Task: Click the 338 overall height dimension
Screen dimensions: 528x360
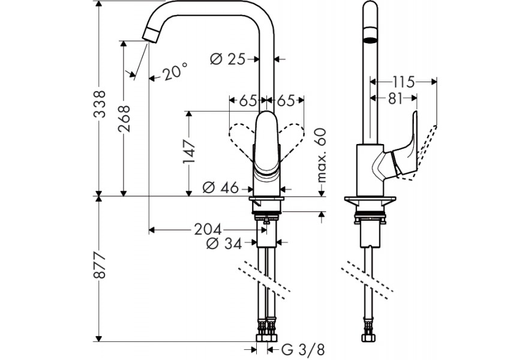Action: coord(100,104)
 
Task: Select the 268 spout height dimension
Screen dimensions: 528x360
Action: coord(124,119)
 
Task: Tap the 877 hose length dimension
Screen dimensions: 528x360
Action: coord(100,265)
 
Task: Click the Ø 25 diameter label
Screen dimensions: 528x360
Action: coord(228,59)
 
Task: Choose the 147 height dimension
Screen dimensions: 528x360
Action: coord(189,151)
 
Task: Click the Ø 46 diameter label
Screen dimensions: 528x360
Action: coord(221,188)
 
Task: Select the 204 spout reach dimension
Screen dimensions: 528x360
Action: coord(208,230)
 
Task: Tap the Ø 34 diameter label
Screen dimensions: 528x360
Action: coord(224,243)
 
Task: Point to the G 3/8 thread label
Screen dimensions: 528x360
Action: coord(303,350)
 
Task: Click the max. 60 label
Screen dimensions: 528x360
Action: coord(322,155)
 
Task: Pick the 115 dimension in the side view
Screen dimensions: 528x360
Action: coord(403,82)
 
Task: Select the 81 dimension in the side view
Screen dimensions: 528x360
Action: coord(395,98)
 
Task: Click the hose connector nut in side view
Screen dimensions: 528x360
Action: coord(370,338)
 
